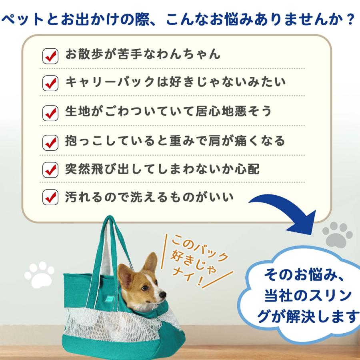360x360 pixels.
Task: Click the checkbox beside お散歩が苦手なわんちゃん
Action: point(50,56)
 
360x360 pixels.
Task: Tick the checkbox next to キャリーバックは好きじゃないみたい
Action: point(50,84)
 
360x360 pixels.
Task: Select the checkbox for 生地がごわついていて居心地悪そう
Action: point(50,112)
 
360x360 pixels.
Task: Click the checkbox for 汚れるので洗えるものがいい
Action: point(50,198)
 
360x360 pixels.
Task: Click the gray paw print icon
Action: point(337,235)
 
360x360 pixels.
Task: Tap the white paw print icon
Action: point(39,274)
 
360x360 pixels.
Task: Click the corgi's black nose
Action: point(163,295)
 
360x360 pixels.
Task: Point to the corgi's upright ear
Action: point(150,263)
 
